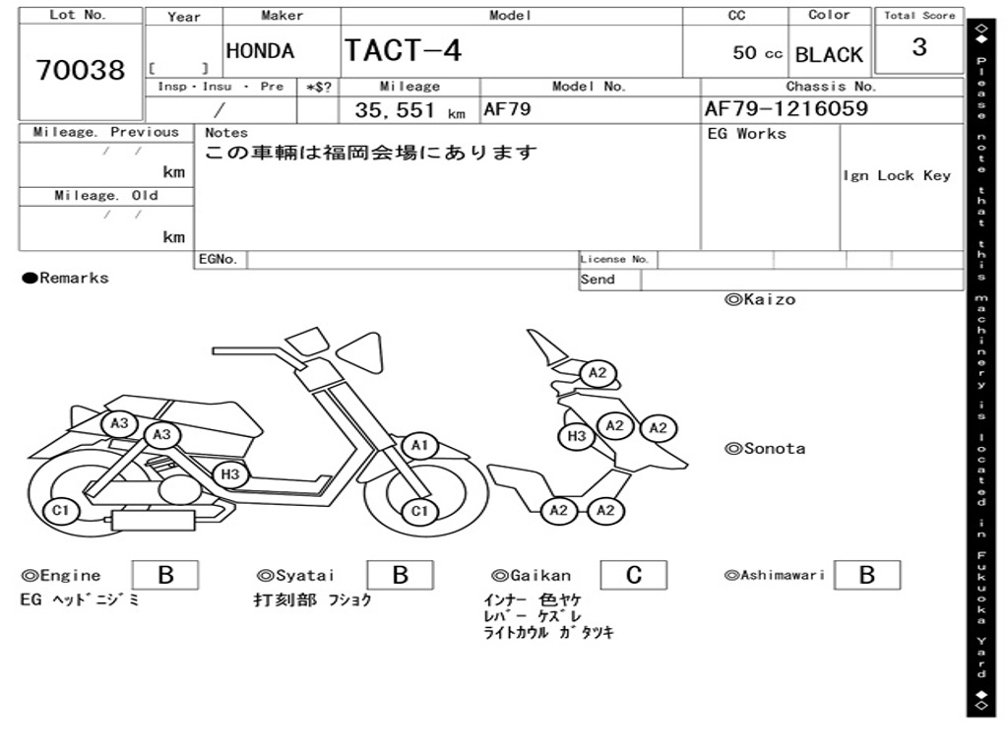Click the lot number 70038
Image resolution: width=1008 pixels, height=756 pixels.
click(81, 70)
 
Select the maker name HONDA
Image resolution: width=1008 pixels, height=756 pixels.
click(260, 51)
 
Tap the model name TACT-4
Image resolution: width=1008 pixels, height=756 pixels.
click(403, 50)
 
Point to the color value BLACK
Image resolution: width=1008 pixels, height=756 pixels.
click(829, 55)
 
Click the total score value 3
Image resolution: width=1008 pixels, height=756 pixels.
click(919, 47)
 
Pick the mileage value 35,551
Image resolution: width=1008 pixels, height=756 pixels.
click(395, 110)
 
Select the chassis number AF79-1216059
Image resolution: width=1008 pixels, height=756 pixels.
click(787, 108)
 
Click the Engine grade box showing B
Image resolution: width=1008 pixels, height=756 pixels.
click(165, 575)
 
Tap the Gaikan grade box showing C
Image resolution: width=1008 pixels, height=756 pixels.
click(634, 575)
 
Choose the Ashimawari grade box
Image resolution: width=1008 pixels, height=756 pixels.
click(867, 575)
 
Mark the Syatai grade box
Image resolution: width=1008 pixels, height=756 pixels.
click(400, 575)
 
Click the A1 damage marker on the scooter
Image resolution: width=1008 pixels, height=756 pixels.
click(419, 445)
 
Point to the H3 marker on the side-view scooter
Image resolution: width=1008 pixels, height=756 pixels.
click(230, 474)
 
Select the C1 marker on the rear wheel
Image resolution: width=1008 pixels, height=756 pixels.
click(60, 511)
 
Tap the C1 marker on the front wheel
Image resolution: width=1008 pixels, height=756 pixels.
click(419, 511)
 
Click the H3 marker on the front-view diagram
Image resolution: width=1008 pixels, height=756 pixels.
click(577, 436)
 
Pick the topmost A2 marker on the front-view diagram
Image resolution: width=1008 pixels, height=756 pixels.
click(598, 373)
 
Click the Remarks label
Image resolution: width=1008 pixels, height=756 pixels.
click(66, 278)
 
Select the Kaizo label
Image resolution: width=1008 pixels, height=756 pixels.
click(760, 299)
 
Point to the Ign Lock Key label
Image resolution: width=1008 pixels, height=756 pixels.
click(897, 175)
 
